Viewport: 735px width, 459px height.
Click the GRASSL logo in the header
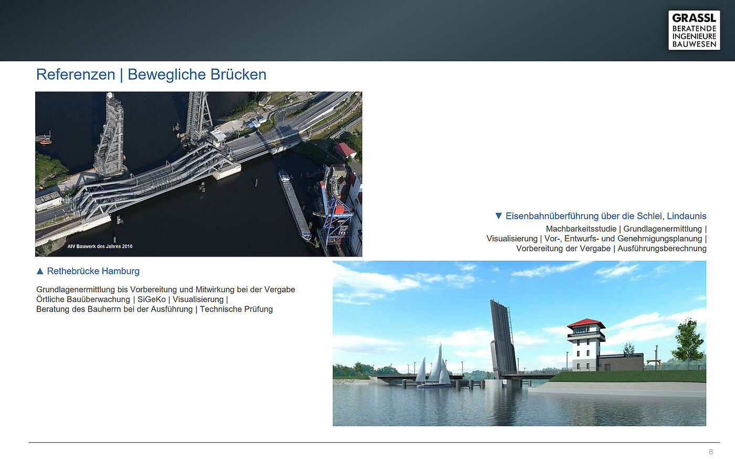coord(694,30)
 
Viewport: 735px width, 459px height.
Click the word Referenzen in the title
coord(76,74)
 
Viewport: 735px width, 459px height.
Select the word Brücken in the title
coord(238,74)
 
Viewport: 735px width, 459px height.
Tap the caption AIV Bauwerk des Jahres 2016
coord(100,246)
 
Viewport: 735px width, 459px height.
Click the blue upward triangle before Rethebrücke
coord(40,271)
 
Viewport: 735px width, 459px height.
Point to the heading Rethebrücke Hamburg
coord(93,271)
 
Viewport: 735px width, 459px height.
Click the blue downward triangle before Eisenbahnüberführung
coord(498,216)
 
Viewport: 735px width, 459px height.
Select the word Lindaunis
coord(687,216)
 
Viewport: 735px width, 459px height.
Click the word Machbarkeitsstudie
coord(581,229)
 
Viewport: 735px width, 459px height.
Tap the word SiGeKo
coord(151,300)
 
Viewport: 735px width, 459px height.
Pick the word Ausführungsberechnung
coord(662,249)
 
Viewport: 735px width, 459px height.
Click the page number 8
coord(711,452)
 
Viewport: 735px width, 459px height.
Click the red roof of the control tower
coord(586,323)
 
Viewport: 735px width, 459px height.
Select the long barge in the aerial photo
coord(294,204)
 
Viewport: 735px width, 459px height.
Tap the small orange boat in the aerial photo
coord(46,141)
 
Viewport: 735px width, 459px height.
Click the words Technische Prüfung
coord(236,309)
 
